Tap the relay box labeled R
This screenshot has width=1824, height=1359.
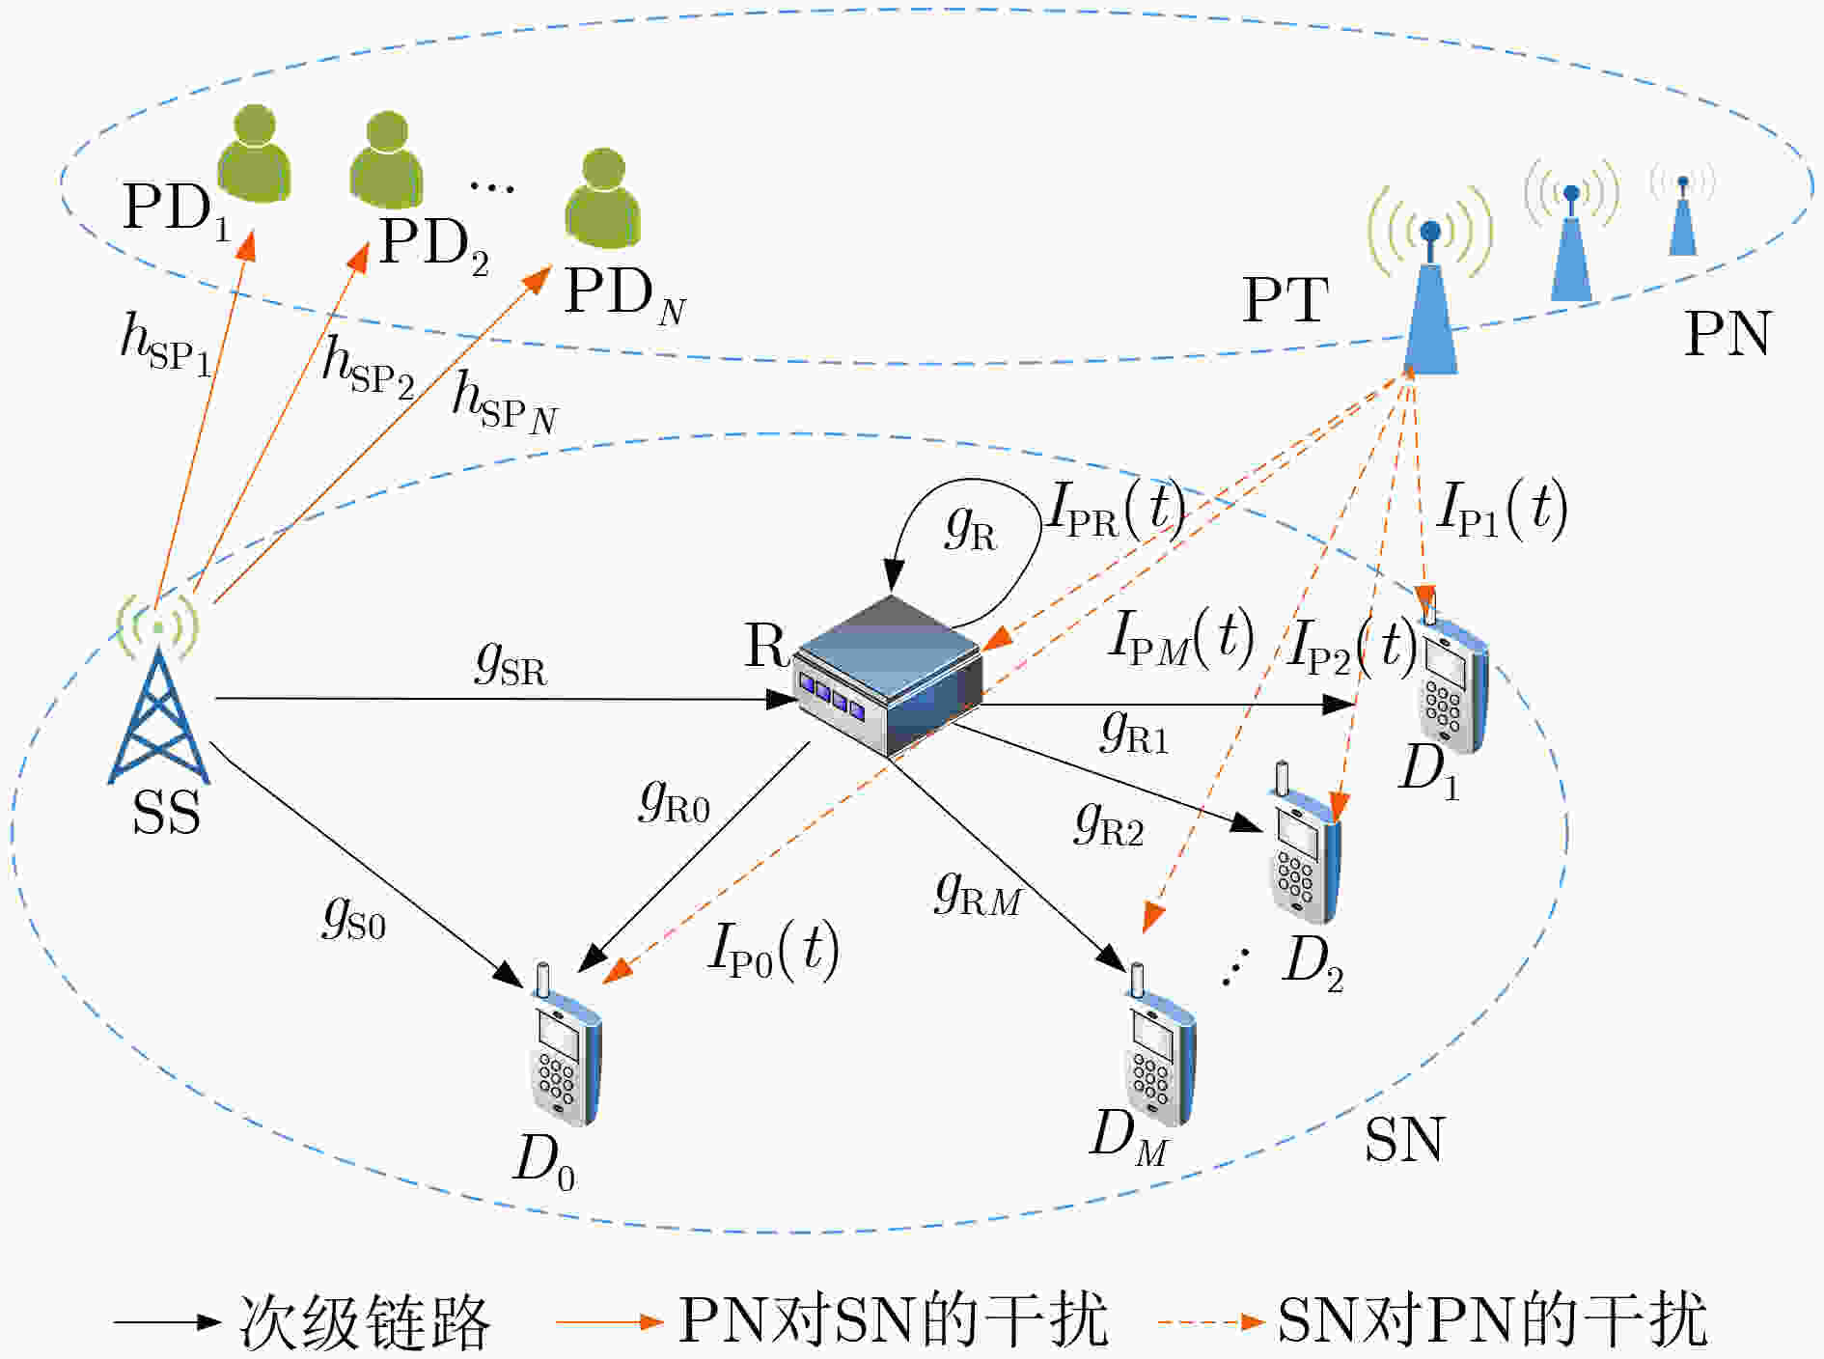(x=887, y=676)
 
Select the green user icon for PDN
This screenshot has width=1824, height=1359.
(x=603, y=197)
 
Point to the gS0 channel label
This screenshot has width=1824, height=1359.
(x=354, y=917)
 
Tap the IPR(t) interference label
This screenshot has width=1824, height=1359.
(x=1117, y=509)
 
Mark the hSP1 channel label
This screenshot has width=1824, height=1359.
(x=166, y=346)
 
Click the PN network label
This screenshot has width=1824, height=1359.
(x=1727, y=334)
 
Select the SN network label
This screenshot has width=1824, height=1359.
(x=1404, y=1139)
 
